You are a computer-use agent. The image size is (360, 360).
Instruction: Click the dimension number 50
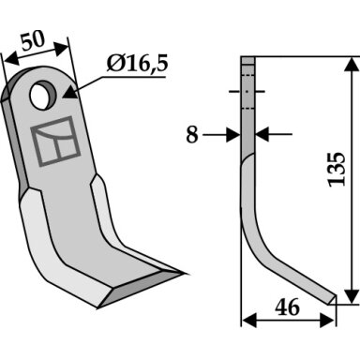pyautogui.click(x=33, y=40)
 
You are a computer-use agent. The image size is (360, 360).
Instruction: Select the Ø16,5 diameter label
pyautogui.click(x=137, y=64)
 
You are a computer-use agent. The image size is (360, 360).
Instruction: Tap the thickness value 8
pyautogui.click(x=192, y=135)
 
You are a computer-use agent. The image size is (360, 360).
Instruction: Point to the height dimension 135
pyautogui.click(x=337, y=170)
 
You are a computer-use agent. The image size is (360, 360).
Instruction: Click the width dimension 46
pyautogui.click(x=288, y=307)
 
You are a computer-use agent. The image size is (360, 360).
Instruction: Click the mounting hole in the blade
pyautogui.click(x=43, y=95)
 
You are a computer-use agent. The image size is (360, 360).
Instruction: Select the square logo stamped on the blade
pyautogui.click(x=55, y=141)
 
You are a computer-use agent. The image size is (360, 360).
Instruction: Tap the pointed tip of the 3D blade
pyautogui.click(x=187, y=274)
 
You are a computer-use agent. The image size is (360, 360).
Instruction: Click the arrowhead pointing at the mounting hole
pyautogui.click(x=69, y=94)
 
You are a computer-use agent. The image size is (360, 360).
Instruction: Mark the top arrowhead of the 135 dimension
pyautogui.click(x=352, y=64)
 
